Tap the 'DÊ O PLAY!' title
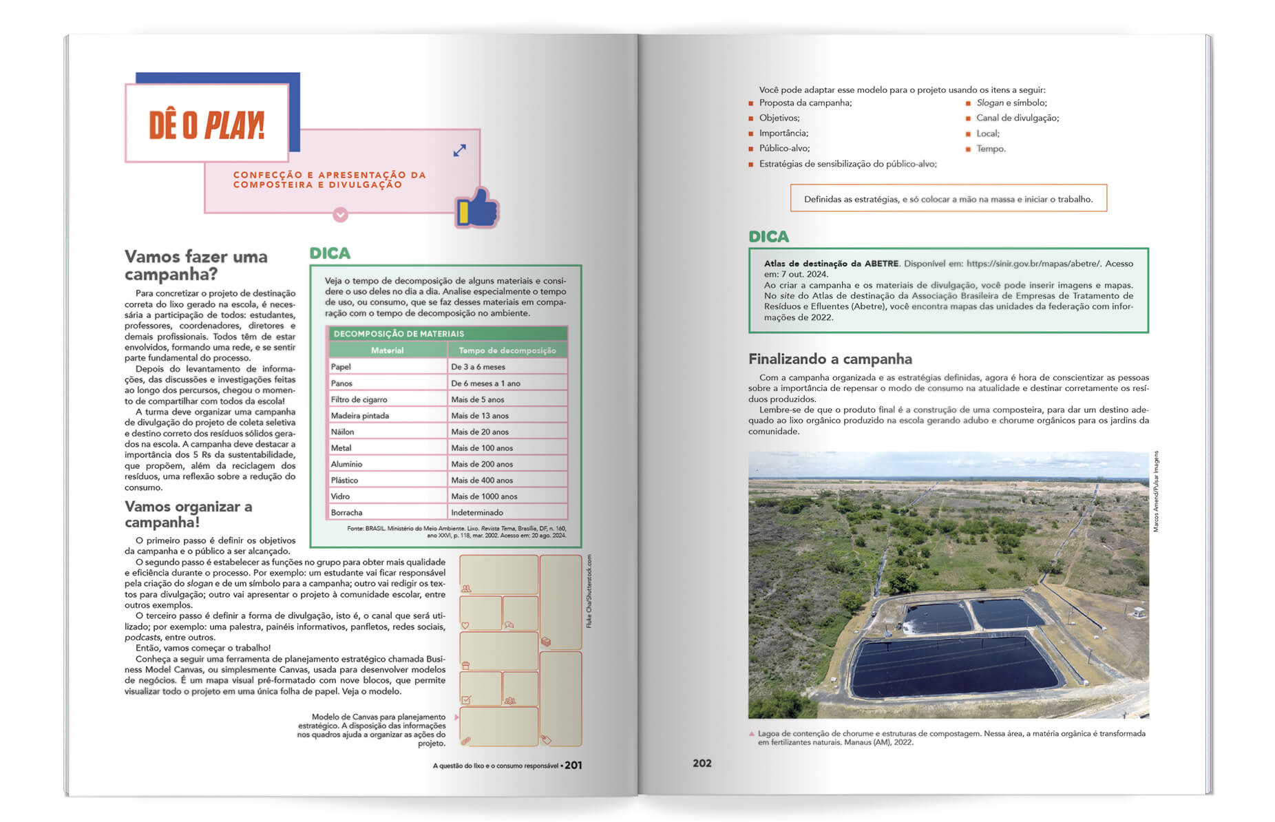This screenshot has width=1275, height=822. (207, 125)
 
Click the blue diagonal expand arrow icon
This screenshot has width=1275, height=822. (460, 150)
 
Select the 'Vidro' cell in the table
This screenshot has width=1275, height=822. (340, 496)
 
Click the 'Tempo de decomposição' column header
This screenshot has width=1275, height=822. (507, 350)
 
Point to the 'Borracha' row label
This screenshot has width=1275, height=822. (346, 513)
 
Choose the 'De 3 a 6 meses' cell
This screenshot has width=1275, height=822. (478, 367)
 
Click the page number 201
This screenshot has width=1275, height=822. (573, 766)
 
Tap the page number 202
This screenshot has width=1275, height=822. (702, 763)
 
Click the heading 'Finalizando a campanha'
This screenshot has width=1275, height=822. (830, 359)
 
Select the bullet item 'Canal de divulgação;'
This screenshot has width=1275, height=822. (1017, 118)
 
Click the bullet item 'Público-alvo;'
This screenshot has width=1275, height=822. (784, 149)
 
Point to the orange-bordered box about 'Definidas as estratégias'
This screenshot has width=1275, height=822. (948, 199)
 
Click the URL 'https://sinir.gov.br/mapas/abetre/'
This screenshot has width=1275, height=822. (1033, 264)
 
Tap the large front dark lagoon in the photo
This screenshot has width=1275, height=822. (953, 665)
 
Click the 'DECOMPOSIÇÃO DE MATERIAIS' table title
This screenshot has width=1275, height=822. (399, 334)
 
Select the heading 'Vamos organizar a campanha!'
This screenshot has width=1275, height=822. (188, 514)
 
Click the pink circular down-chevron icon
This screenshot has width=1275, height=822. (340, 215)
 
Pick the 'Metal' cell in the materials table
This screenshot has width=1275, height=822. (341, 448)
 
